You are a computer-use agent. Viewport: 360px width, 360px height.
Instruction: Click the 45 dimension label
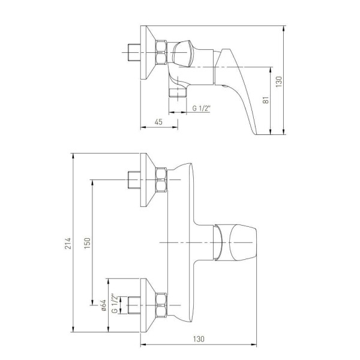[158, 122]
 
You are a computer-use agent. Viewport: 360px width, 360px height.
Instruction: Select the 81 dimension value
[266, 100]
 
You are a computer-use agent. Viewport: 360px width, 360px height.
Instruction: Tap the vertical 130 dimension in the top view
[278, 82]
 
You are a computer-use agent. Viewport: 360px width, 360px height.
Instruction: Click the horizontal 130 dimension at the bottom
[199, 339]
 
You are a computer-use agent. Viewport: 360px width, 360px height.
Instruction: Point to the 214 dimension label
[68, 244]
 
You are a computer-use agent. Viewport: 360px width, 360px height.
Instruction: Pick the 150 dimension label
[87, 243]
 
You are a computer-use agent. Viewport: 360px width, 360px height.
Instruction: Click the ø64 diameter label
[103, 305]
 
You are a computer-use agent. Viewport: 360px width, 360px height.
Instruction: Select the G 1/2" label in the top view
[201, 108]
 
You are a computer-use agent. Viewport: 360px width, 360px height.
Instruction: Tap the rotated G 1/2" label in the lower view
[115, 303]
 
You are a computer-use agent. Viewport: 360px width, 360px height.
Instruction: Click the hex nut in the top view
[161, 52]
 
